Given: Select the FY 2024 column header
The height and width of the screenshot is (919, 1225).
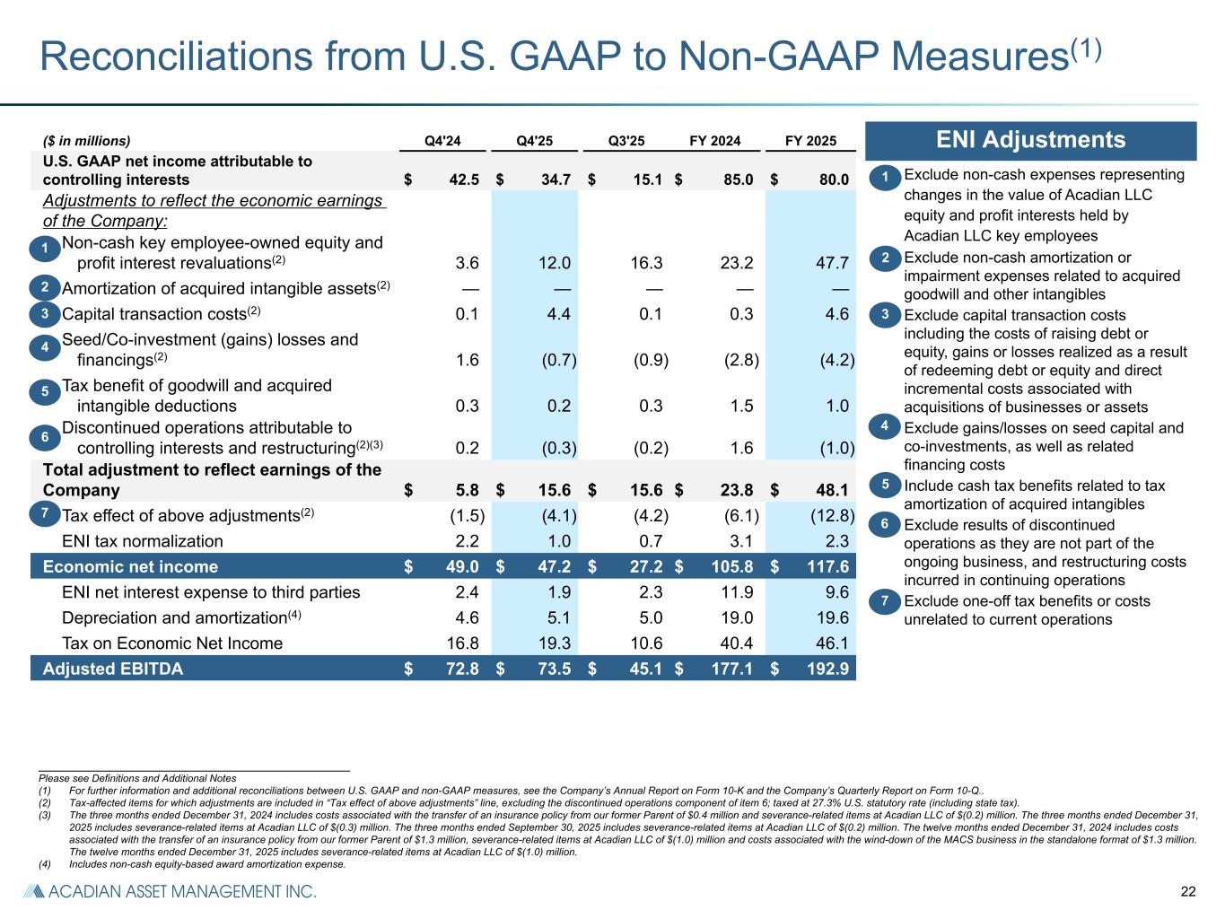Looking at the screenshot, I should pos(714,140).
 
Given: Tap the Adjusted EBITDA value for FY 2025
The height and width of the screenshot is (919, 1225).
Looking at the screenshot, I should pos(824,669).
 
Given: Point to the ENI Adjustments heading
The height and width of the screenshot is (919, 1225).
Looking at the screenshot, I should pos(1030,140).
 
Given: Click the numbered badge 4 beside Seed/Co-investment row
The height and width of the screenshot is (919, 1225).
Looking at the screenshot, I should pos(45,347).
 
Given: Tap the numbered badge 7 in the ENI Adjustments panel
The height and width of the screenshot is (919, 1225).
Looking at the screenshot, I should pos(884,601).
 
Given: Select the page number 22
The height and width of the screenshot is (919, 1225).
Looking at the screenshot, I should pos(1188,891).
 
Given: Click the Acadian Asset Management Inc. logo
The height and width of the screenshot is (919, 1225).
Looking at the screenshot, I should pos(170,891).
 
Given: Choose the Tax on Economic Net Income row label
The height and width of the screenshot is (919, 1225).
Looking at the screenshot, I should pos(171,643).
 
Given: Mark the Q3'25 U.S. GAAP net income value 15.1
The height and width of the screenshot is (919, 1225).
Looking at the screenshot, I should pos(644,179).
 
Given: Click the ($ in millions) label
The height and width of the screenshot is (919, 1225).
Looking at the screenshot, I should pos(87,140).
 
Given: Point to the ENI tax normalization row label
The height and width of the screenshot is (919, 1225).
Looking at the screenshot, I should pos(142,541).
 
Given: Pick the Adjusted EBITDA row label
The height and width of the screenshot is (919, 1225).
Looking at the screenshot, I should pos(113,669).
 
